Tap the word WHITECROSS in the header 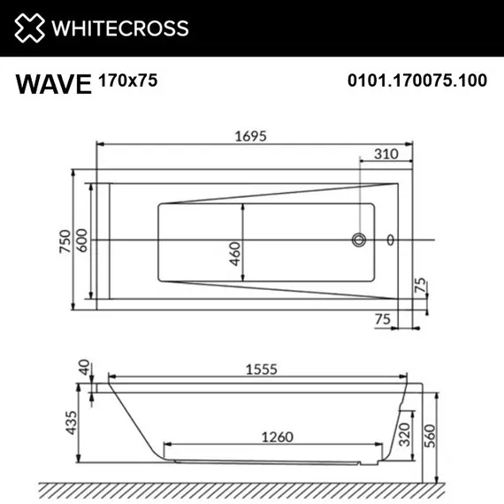coord(121,28)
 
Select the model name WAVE coord(53,84)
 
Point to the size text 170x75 coord(127,80)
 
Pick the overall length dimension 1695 coord(250,135)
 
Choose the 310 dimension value coord(387,154)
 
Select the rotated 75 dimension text coord(421,286)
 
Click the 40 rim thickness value coord(84,367)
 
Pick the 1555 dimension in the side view coord(256,374)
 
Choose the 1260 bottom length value coord(278,436)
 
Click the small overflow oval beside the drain coord(390,239)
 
